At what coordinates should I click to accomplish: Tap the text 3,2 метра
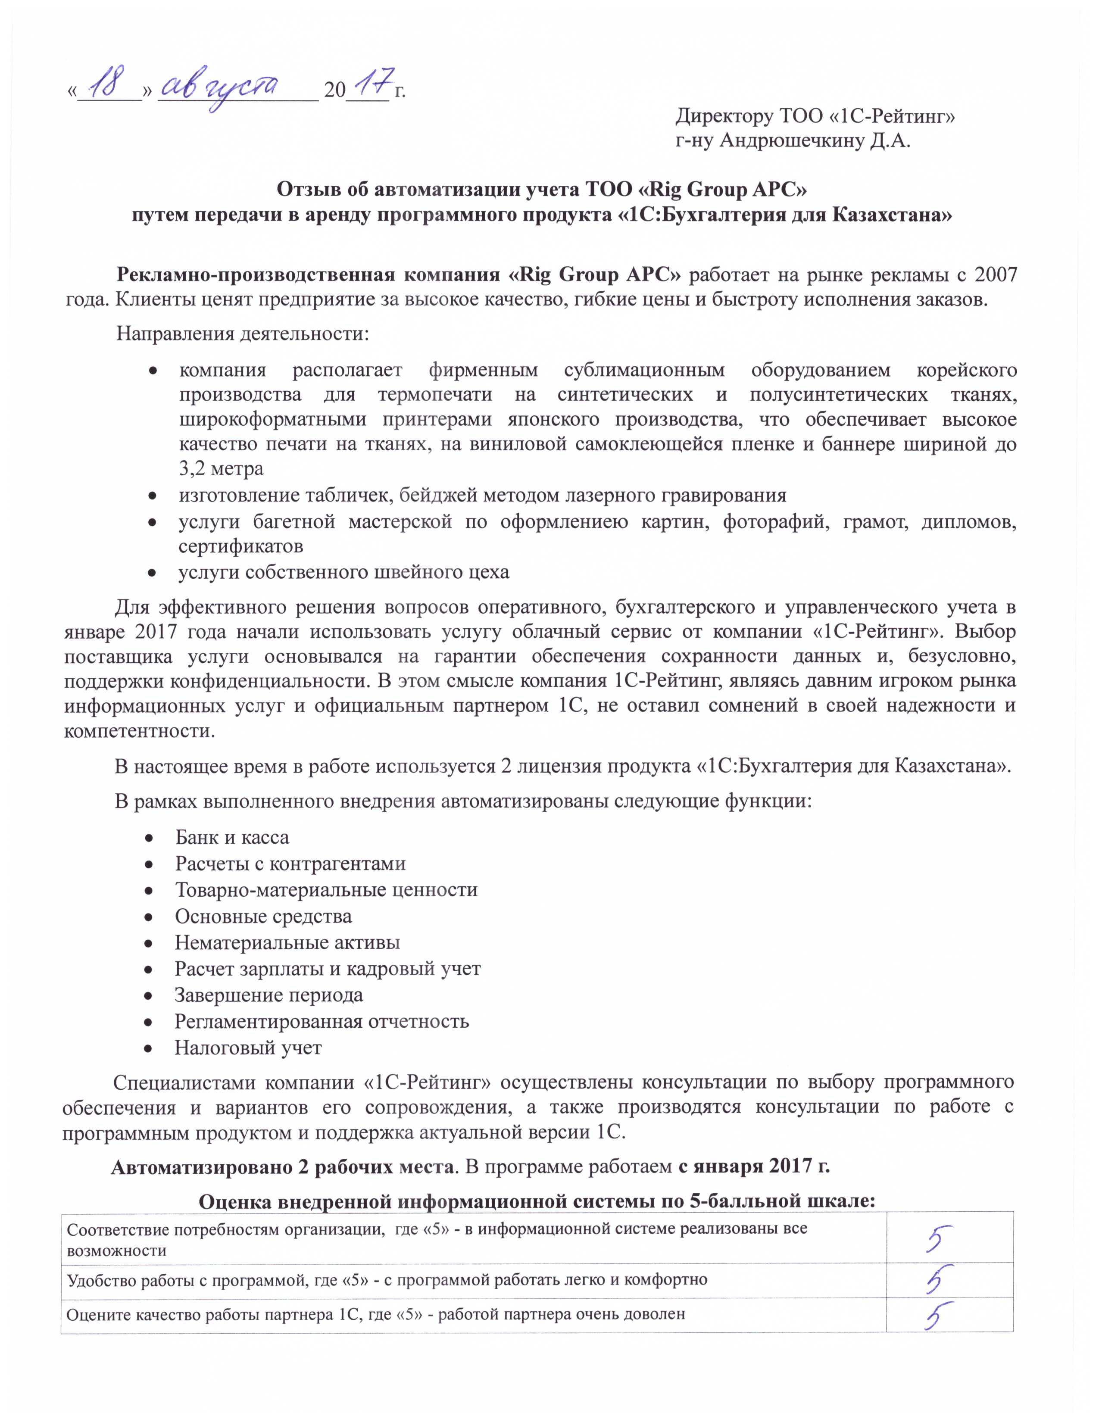tap(222, 468)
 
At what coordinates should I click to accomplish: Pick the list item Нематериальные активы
tap(287, 942)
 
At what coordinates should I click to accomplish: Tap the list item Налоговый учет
tap(248, 1048)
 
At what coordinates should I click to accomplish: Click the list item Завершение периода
tap(269, 995)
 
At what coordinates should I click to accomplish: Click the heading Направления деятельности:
tap(243, 334)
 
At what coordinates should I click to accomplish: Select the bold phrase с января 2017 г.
tap(754, 1166)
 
